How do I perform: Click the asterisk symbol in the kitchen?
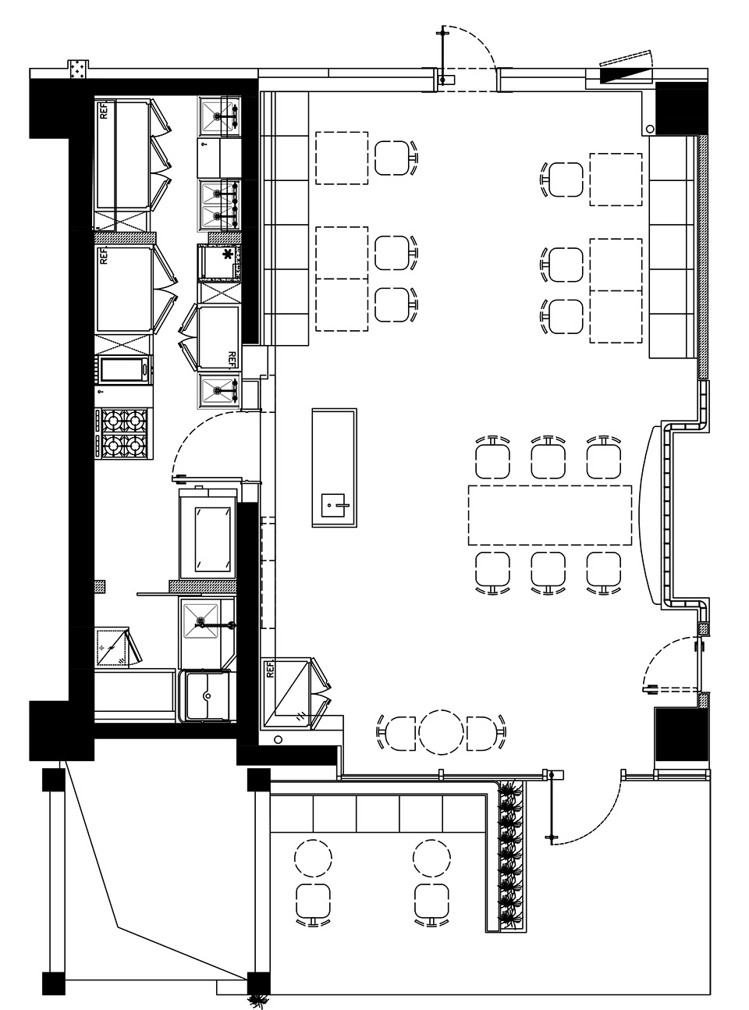(225, 254)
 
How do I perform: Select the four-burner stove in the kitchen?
(124, 433)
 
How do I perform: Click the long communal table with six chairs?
(550, 515)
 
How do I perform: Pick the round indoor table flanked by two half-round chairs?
(441, 732)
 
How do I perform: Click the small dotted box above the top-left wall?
(79, 70)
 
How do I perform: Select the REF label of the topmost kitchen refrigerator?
(105, 111)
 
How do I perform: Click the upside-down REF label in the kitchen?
(231, 359)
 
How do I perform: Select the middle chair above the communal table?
(548, 459)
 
